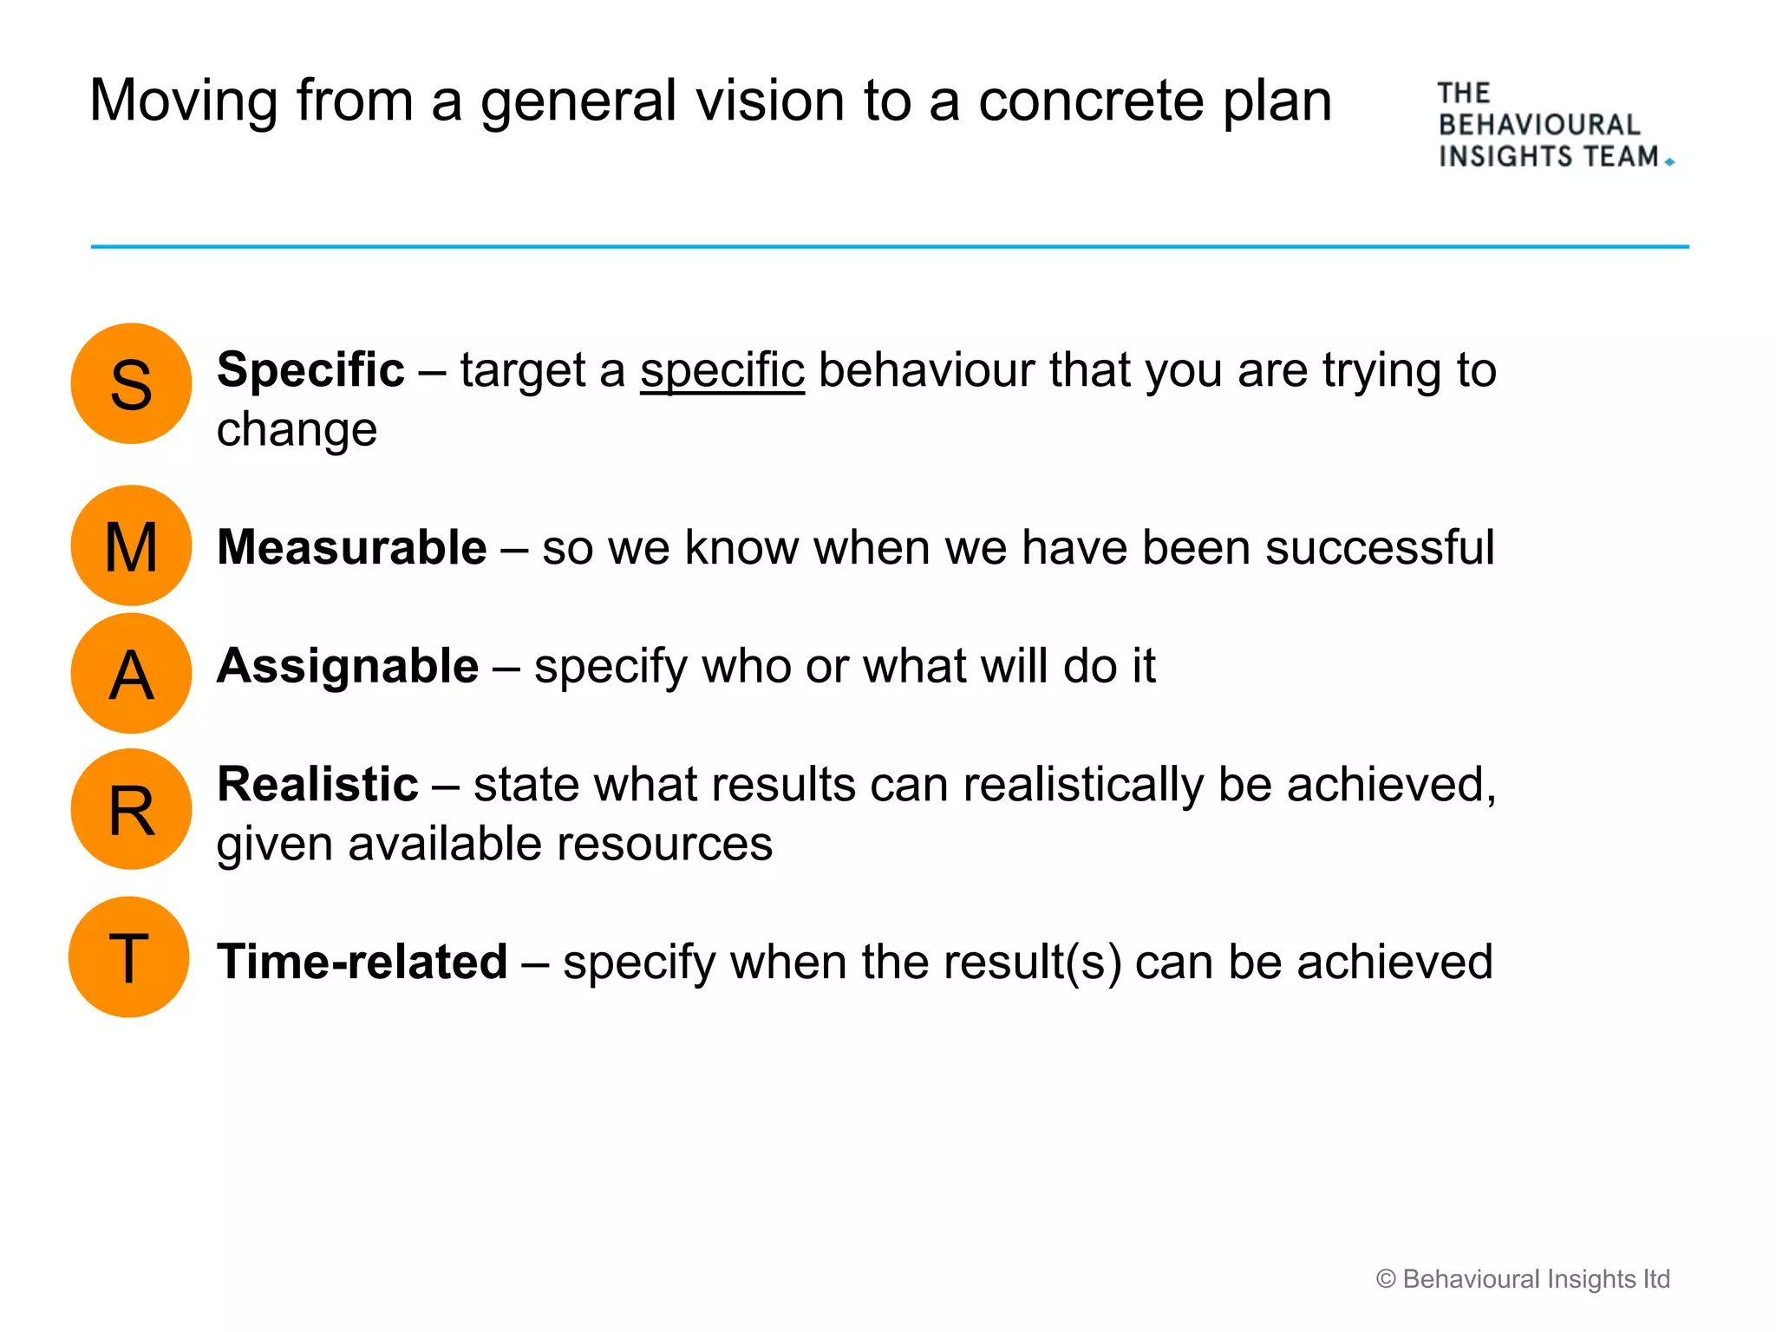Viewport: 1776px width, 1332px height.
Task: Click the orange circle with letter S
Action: [x=131, y=383]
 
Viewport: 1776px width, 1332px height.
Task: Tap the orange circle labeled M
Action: [x=131, y=545]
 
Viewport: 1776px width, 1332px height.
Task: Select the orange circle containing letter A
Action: [x=131, y=673]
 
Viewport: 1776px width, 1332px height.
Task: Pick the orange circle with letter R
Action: [x=131, y=809]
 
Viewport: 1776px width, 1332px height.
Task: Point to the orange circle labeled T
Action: [x=129, y=957]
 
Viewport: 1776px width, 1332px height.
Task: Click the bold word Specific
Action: [x=310, y=370]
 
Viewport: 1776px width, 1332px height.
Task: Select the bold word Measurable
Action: [x=351, y=547]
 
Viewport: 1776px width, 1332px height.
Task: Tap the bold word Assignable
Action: [x=347, y=667]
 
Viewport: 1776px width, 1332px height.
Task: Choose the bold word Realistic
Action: [x=317, y=785]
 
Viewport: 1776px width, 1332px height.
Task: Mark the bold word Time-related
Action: [x=362, y=962]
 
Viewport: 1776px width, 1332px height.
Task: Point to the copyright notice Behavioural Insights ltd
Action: [x=1523, y=1279]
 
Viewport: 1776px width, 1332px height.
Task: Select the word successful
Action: [x=1379, y=547]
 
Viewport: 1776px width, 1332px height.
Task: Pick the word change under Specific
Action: [x=297, y=430]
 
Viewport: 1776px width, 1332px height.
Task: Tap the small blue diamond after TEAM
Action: [x=1669, y=162]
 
